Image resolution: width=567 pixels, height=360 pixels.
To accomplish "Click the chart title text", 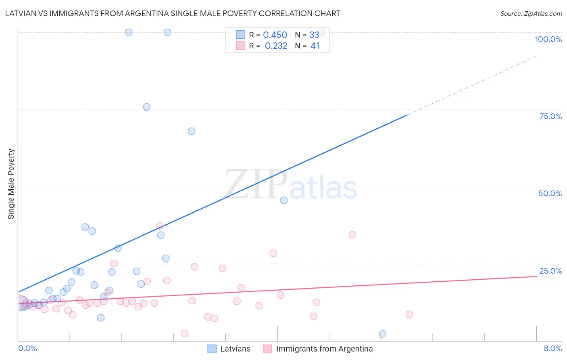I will [173, 14].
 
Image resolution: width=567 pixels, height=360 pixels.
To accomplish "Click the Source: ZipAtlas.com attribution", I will [531, 14].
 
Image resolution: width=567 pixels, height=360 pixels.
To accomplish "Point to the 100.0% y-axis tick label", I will [548, 39].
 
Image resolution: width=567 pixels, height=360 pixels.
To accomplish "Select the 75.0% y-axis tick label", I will [550, 116].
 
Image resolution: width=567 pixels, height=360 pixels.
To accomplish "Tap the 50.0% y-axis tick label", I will [550, 193].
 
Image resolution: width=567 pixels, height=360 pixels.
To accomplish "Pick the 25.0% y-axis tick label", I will [550, 271].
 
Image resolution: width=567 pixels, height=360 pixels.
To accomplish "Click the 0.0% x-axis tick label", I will [27, 349].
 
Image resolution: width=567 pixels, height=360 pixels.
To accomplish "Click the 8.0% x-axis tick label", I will [552, 349].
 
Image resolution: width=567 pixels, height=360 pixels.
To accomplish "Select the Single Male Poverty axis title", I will [11, 184].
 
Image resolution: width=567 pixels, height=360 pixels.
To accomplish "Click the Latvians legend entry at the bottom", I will [235, 349].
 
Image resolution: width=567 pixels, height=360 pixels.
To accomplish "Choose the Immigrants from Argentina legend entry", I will [324, 349].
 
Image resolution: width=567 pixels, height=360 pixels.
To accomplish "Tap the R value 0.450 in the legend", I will [275, 35].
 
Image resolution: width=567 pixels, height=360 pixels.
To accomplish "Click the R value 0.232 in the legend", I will [276, 46].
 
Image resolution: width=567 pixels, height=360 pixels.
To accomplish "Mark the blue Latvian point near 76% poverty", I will [147, 107].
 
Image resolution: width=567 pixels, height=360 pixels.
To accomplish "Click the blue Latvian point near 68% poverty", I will [192, 131].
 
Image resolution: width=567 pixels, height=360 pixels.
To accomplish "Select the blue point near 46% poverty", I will [284, 200].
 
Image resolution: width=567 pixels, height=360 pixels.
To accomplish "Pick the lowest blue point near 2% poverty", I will [383, 334].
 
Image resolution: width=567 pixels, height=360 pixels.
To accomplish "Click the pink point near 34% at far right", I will [352, 234].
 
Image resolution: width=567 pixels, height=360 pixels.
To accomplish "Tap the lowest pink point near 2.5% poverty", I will [185, 333].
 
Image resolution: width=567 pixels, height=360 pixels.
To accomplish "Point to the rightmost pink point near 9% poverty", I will [409, 314].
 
